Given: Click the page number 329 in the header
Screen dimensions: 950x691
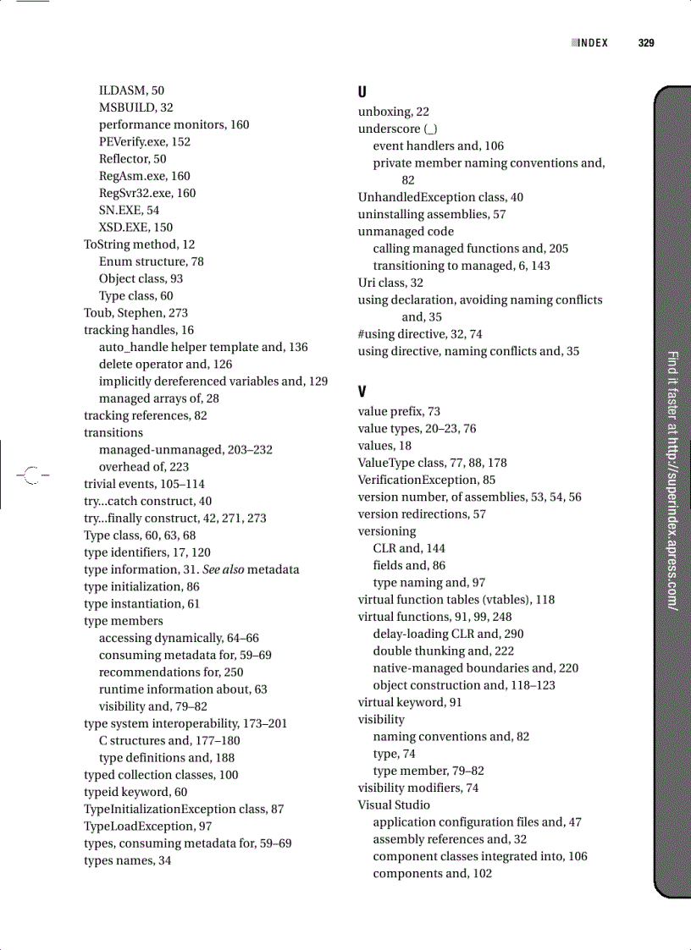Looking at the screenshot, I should click(646, 43).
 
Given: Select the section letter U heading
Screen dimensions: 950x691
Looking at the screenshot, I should click(362, 91).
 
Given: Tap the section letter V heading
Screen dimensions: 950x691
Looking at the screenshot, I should click(362, 392).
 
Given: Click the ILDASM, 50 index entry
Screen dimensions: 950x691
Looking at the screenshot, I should click(131, 91).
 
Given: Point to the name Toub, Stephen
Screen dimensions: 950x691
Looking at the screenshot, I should click(135, 313).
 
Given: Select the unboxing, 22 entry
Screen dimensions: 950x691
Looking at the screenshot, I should click(394, 112).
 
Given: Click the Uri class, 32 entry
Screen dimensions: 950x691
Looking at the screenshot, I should click(390, 283).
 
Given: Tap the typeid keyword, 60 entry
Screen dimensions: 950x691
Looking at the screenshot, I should click(135, 792).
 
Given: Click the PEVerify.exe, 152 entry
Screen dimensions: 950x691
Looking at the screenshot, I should click(145, 141).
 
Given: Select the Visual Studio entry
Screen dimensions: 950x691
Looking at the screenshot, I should click(394, 804).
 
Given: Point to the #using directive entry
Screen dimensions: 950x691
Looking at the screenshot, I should click(420, 334).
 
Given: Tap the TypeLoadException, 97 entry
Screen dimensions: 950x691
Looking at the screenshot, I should click(147, 826).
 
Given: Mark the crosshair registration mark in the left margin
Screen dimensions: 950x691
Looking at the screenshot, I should click(31, 475).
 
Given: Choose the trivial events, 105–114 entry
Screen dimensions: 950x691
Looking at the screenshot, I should click(144, 484).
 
